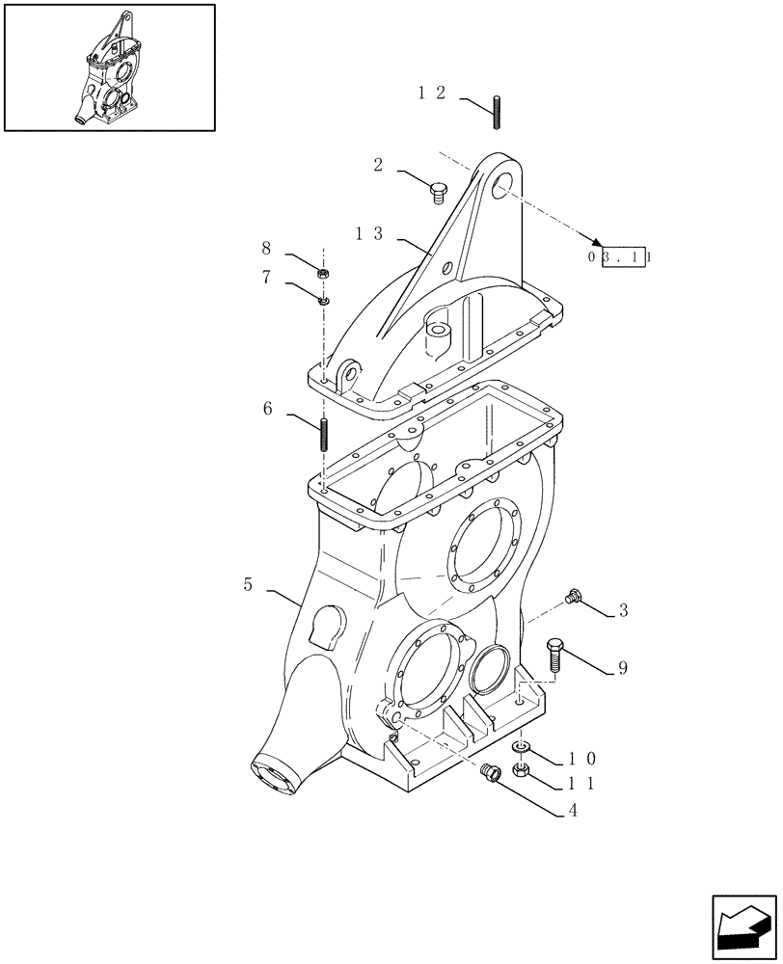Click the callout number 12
tap(432, 94)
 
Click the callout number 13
tap(369, 234)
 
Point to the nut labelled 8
tap(323, 274)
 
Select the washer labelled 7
tap(323, 300)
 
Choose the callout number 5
tap(248, 584)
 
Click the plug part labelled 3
tap(577, 597)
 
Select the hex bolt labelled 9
tap(553, 656)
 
